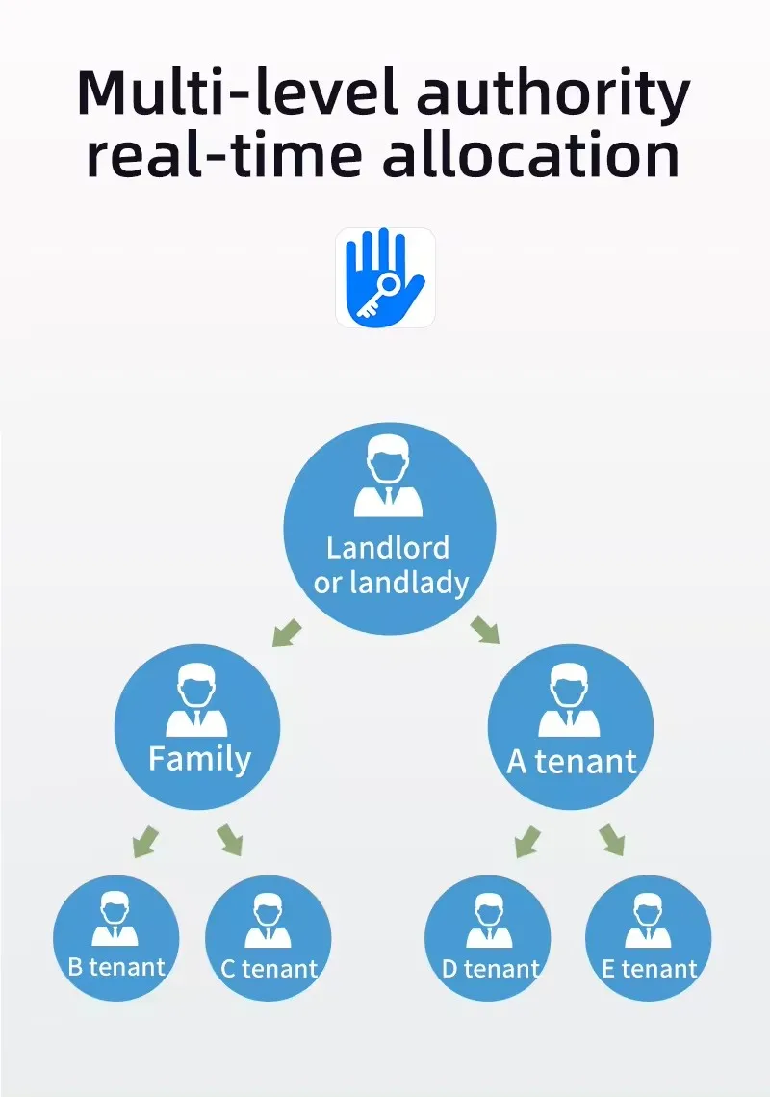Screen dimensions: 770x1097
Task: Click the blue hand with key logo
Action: click(x=385, y=277)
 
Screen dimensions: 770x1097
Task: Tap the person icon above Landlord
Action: click(x=389, y=480)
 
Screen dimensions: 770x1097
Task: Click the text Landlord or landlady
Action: click(x=390, y=565)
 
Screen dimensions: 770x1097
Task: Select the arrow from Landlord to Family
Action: click(x=287, y=632)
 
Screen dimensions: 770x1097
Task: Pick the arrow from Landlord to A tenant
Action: click(x=486, y=630)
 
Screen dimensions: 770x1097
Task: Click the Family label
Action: click(x=199, y=759)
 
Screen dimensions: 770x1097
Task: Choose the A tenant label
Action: click(x=572, y=762)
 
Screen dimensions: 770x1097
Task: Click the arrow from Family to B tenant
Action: click(x=144, y=841)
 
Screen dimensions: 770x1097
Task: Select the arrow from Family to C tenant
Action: click(x=230, y=840)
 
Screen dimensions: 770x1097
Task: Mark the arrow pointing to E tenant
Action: click(x=612, y=840)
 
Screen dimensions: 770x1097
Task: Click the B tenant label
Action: click(x=116, y=966)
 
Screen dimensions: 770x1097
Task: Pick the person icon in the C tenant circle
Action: click(x=268, y=921)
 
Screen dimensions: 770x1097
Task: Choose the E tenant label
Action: click(x=649, y=968)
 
